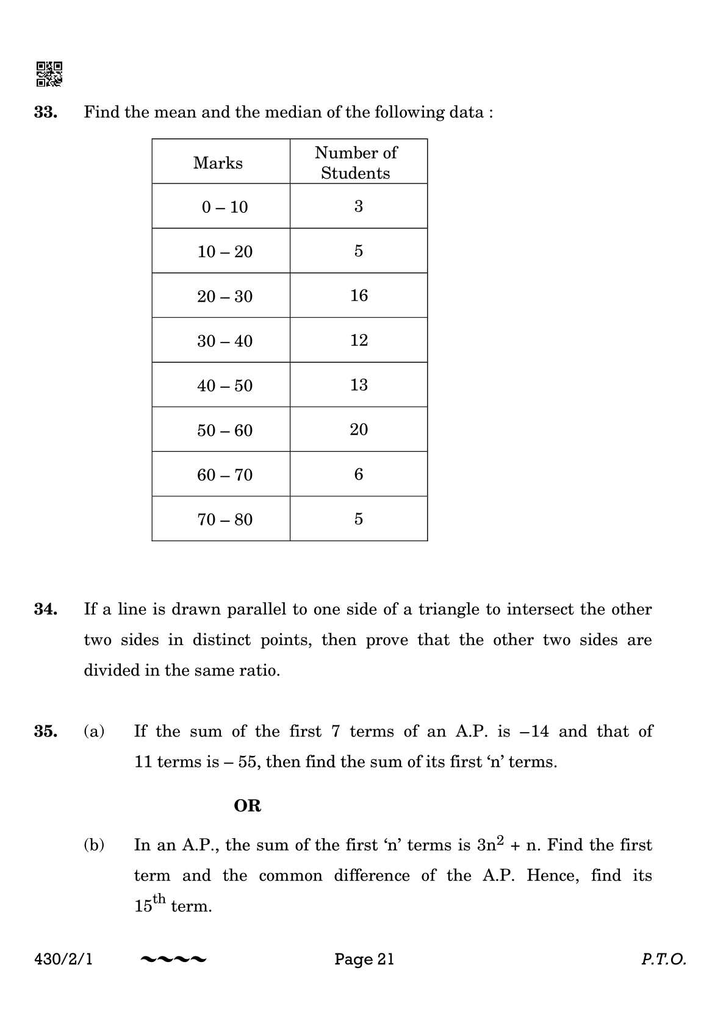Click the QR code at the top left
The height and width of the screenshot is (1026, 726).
[x=49, y=74]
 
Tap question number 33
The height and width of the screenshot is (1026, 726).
[x=46, y=112]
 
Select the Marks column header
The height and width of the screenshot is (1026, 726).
[x=218, y=163]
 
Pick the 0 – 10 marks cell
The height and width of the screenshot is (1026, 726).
[x=225, y=207]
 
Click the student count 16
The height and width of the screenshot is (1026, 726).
[x=359, y=296]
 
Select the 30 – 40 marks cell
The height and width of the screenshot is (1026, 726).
[x=225, y=341]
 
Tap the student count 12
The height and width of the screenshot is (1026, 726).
[x=359, y=340]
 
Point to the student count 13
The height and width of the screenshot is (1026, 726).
[x=359, y=385]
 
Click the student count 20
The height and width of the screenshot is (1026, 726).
[x=359, y=430]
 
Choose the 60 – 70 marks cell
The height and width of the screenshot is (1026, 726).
[x=225, y=475]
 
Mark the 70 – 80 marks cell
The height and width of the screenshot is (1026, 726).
[x=225, y=519]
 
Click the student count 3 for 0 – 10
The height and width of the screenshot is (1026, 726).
[x=359, y=207]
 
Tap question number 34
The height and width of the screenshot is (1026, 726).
[x=46, y=609]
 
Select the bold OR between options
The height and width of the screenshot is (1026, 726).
[x=248, y=806]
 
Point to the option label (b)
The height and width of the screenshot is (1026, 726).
[x=94, y=845]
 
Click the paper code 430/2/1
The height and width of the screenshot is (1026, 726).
[x=64, y=960]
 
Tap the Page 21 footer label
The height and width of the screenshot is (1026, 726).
[x=364, y=960]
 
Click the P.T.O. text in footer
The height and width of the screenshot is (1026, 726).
[x=664, y=960]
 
